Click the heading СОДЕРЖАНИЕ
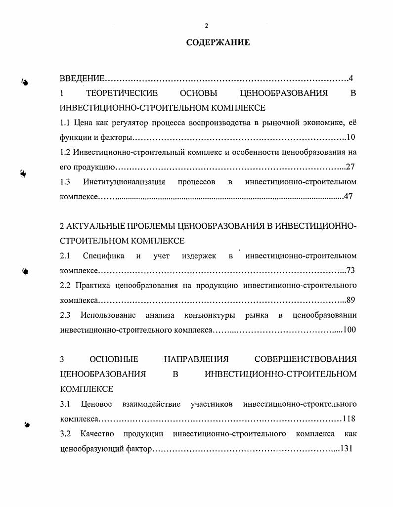click(218, 42)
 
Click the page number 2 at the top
click(207, 26)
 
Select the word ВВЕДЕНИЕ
click(82, 79)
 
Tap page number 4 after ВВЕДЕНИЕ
click(350, 78)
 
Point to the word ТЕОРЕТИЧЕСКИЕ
click(122, 93)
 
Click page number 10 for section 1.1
click(351, 137)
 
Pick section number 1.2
click(65, 152)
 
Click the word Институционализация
click(124, 182)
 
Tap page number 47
click(349, 197)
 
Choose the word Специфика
click(104, 256)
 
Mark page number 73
click(351, 271)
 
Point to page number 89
click(351, 300)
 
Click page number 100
click(349, 330)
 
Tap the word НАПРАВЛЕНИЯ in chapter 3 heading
click(196, 359)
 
